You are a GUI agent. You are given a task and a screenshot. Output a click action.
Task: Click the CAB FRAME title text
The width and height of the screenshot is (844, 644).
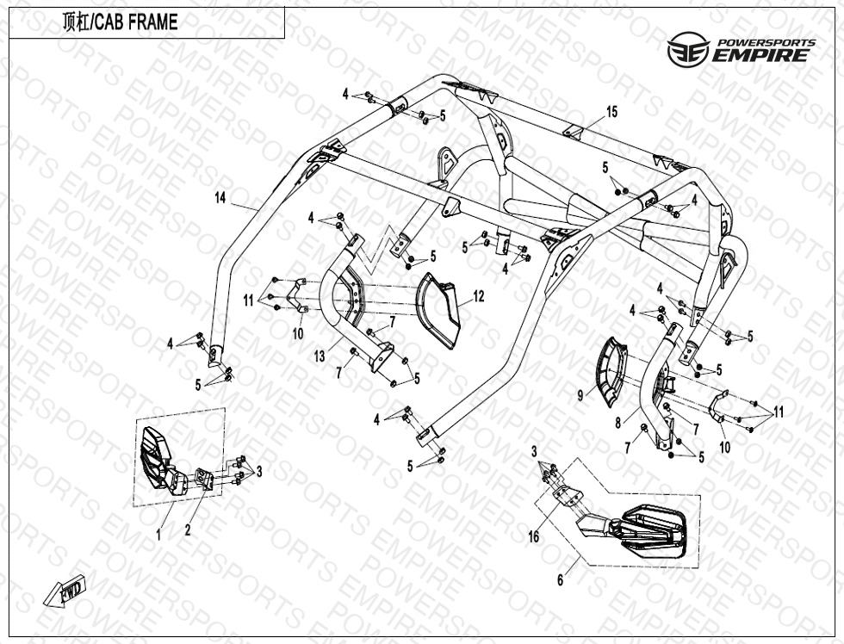(121, 23)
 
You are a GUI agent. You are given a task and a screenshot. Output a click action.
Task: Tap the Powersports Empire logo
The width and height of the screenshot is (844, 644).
(740, 51)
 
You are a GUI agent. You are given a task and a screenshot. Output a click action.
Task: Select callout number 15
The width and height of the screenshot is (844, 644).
(611, 112)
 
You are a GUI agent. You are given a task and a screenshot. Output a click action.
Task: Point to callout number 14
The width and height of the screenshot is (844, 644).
(220, 199)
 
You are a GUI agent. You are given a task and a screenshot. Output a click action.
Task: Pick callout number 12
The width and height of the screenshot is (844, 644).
(479, 297)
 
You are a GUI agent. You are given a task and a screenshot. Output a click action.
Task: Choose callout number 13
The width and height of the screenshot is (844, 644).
(320, 356)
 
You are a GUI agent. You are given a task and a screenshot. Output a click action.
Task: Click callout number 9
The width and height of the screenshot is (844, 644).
(580, 395)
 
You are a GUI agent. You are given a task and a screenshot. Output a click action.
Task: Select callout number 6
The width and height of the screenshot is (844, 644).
(560, 580)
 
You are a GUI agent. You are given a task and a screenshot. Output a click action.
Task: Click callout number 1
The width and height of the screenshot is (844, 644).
(158, 535)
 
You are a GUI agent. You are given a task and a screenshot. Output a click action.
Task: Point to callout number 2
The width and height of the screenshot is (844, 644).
(188, 530)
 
